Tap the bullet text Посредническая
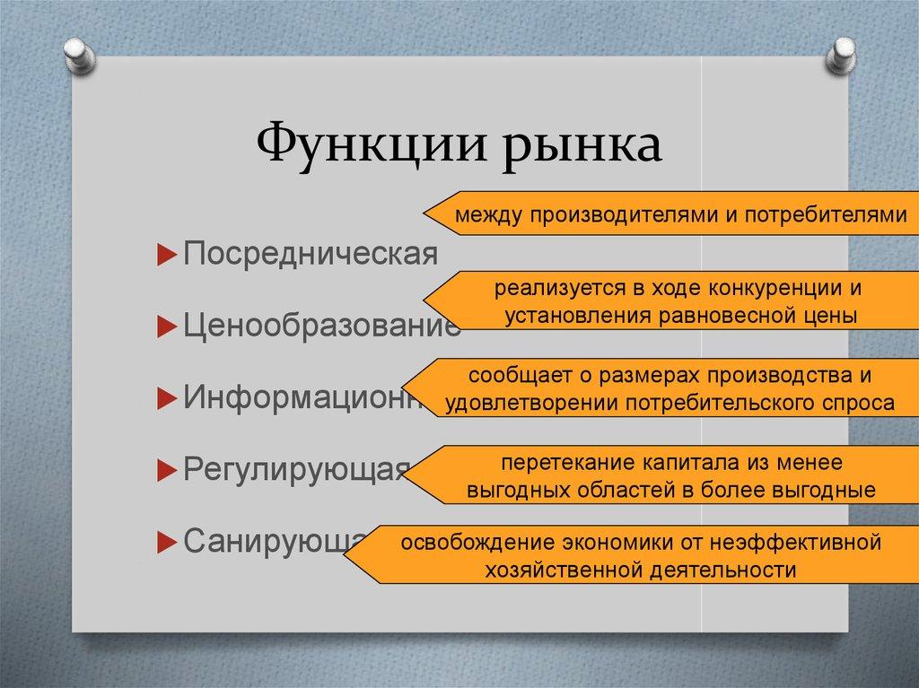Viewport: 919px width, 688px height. click(311, 254)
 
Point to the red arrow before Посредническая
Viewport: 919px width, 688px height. click(164, 255)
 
